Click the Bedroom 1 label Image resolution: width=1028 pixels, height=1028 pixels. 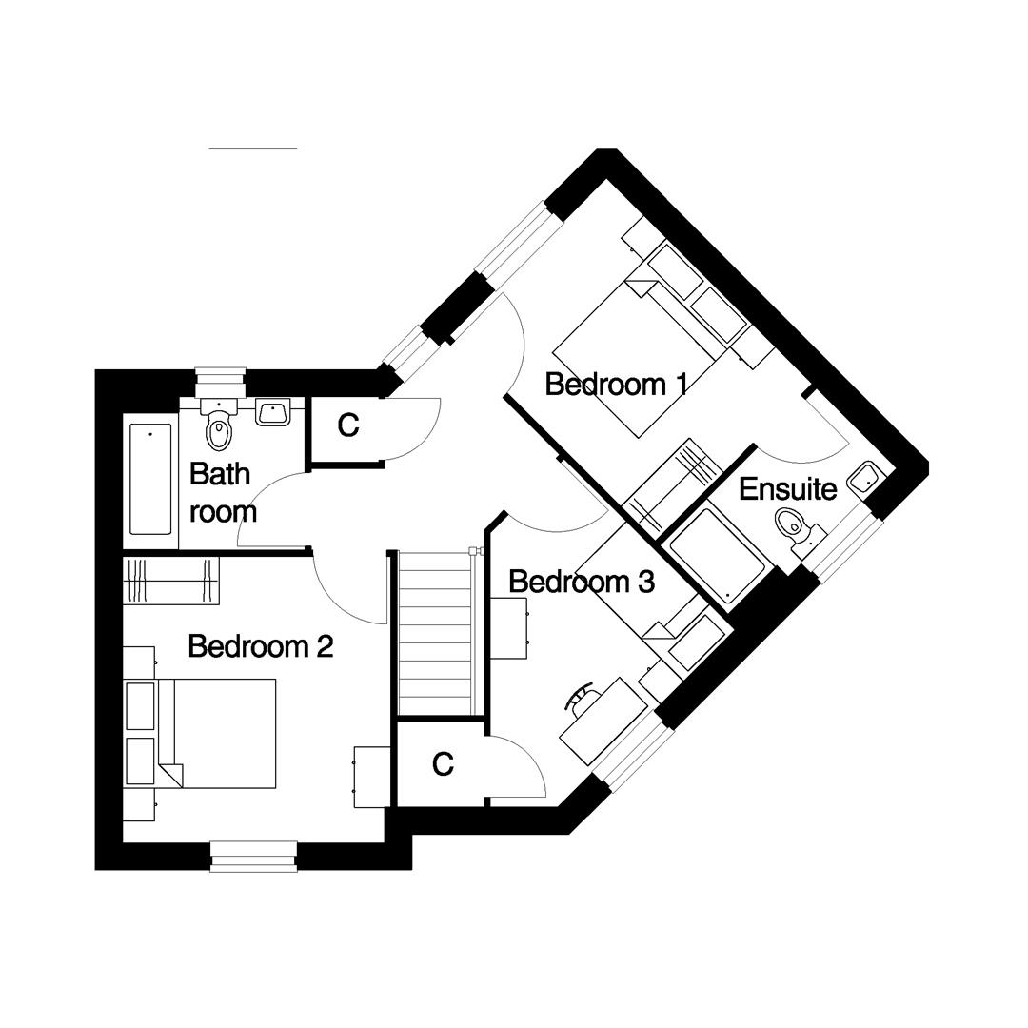[616, 385]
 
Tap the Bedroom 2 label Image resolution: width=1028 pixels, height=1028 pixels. [260, 646]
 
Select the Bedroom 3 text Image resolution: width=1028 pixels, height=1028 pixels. [581, 581]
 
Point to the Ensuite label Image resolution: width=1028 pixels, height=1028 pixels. [787, 489]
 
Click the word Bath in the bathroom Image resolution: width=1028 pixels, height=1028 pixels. [220, 473]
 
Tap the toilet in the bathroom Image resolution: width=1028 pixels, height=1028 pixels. [220, 428]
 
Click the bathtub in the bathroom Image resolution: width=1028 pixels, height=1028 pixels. [150, 480]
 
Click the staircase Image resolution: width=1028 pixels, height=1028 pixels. [435, 632]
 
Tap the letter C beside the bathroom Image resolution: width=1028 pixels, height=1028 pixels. [348, 426]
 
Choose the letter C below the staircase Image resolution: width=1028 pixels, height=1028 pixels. [443, 763]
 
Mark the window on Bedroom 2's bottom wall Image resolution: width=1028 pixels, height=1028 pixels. [253, 856]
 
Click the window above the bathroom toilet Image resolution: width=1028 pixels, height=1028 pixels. [220, 382]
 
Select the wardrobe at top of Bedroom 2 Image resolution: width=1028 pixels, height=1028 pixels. [171, 581]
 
